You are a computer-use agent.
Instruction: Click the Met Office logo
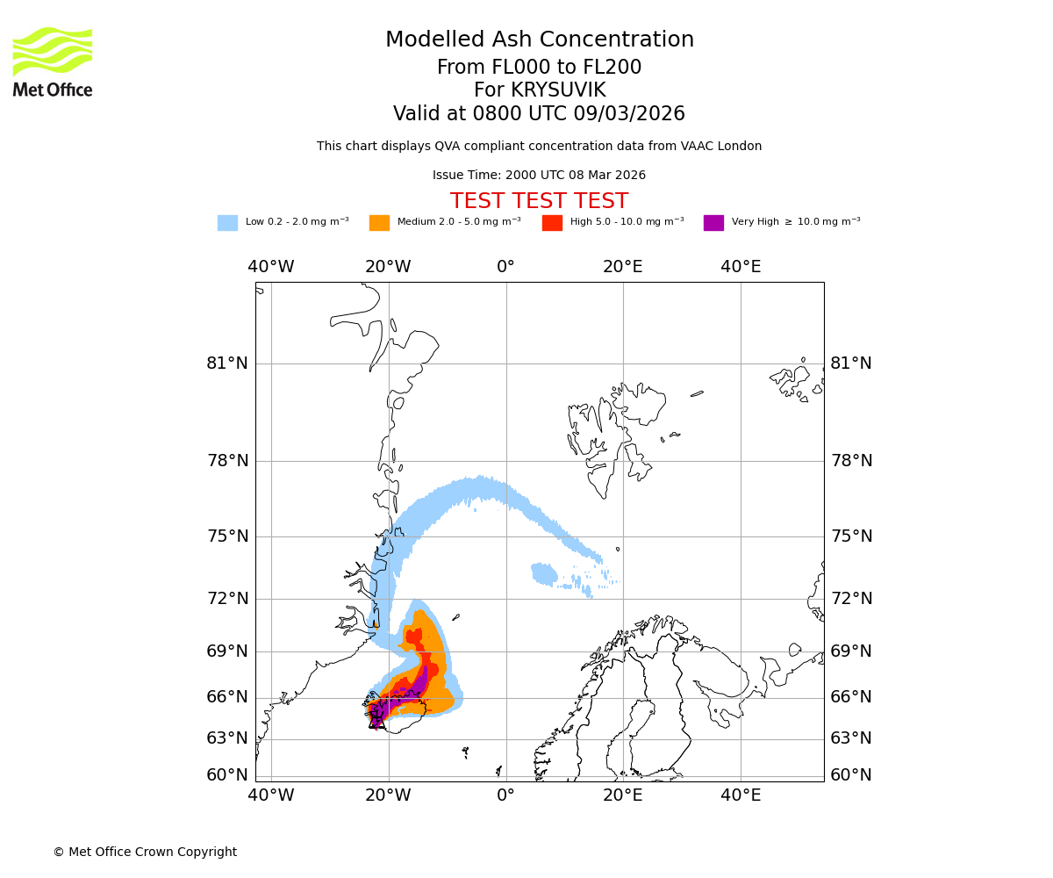(53, 62)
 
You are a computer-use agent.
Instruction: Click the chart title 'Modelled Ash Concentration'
(539, 40)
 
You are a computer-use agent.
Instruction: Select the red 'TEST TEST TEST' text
(539, 201)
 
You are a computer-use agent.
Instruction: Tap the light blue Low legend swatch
(227, 223)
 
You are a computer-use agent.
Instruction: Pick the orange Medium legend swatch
(379, 223)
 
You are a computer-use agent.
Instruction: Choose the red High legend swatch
(552, 223)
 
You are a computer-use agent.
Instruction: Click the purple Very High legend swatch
(713, 223)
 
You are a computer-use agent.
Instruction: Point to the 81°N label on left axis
(227, 363)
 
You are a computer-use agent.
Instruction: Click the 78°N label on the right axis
(851, 461)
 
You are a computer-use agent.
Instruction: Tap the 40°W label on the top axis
(270, 267)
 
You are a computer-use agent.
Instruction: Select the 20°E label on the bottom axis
(623, 795)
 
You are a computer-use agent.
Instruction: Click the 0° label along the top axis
(505, 267)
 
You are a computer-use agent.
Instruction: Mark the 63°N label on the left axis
(227, 738)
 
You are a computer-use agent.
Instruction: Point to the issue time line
(539, 176)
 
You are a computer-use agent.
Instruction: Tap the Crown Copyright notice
(145, 853)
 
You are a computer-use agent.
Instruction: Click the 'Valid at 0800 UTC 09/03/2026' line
(539, 114)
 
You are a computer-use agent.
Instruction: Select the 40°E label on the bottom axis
(741, 795)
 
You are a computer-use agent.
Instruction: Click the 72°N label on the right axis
(851, 599)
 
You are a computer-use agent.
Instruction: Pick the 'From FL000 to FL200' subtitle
(539, 68)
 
